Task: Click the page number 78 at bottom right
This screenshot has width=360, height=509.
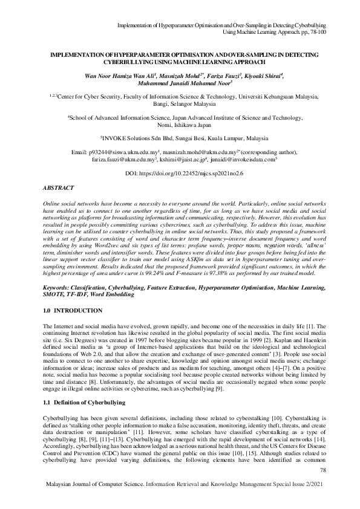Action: pos(322,470)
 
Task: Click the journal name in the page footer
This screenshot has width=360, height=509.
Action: pos(180,485)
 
